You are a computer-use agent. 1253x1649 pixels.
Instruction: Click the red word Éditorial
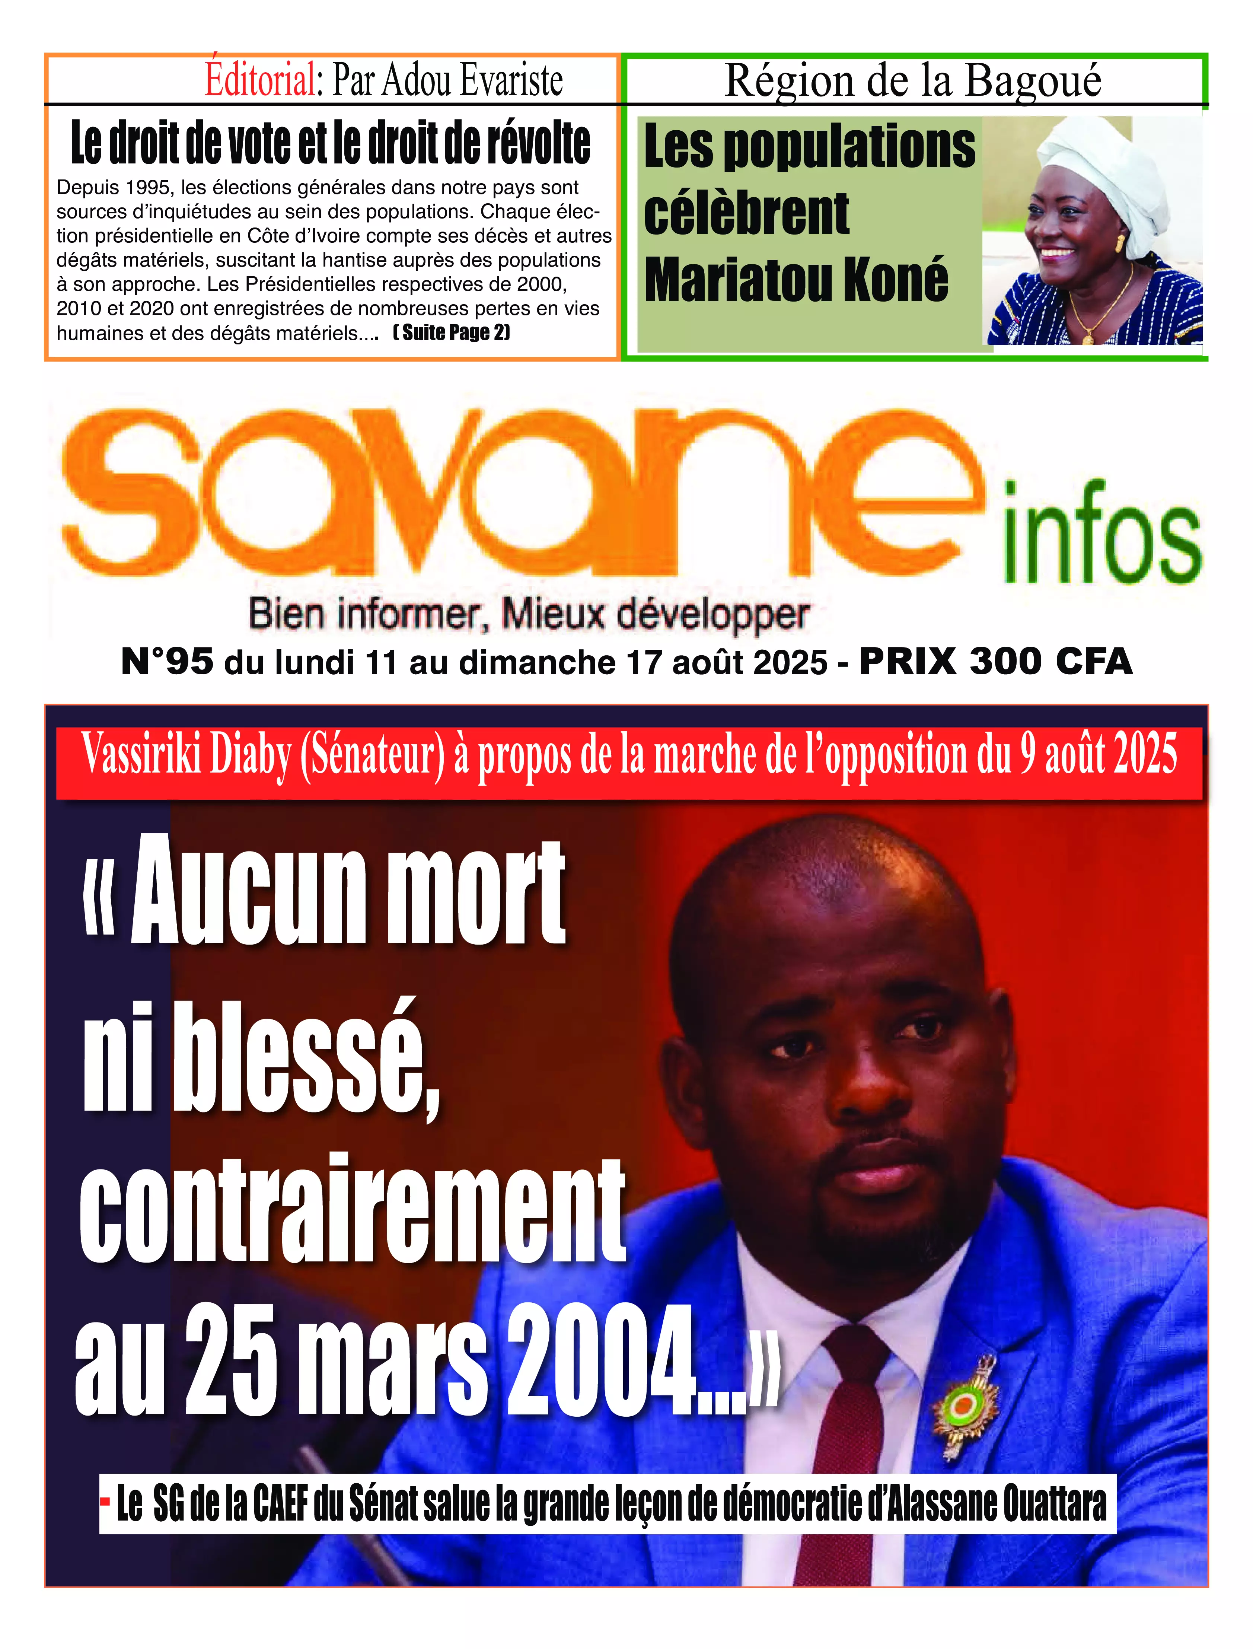260,80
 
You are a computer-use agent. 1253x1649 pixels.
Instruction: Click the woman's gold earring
1119,243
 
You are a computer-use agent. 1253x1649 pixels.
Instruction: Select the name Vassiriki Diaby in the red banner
186,755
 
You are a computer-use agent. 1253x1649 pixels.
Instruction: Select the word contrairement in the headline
352,1208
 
